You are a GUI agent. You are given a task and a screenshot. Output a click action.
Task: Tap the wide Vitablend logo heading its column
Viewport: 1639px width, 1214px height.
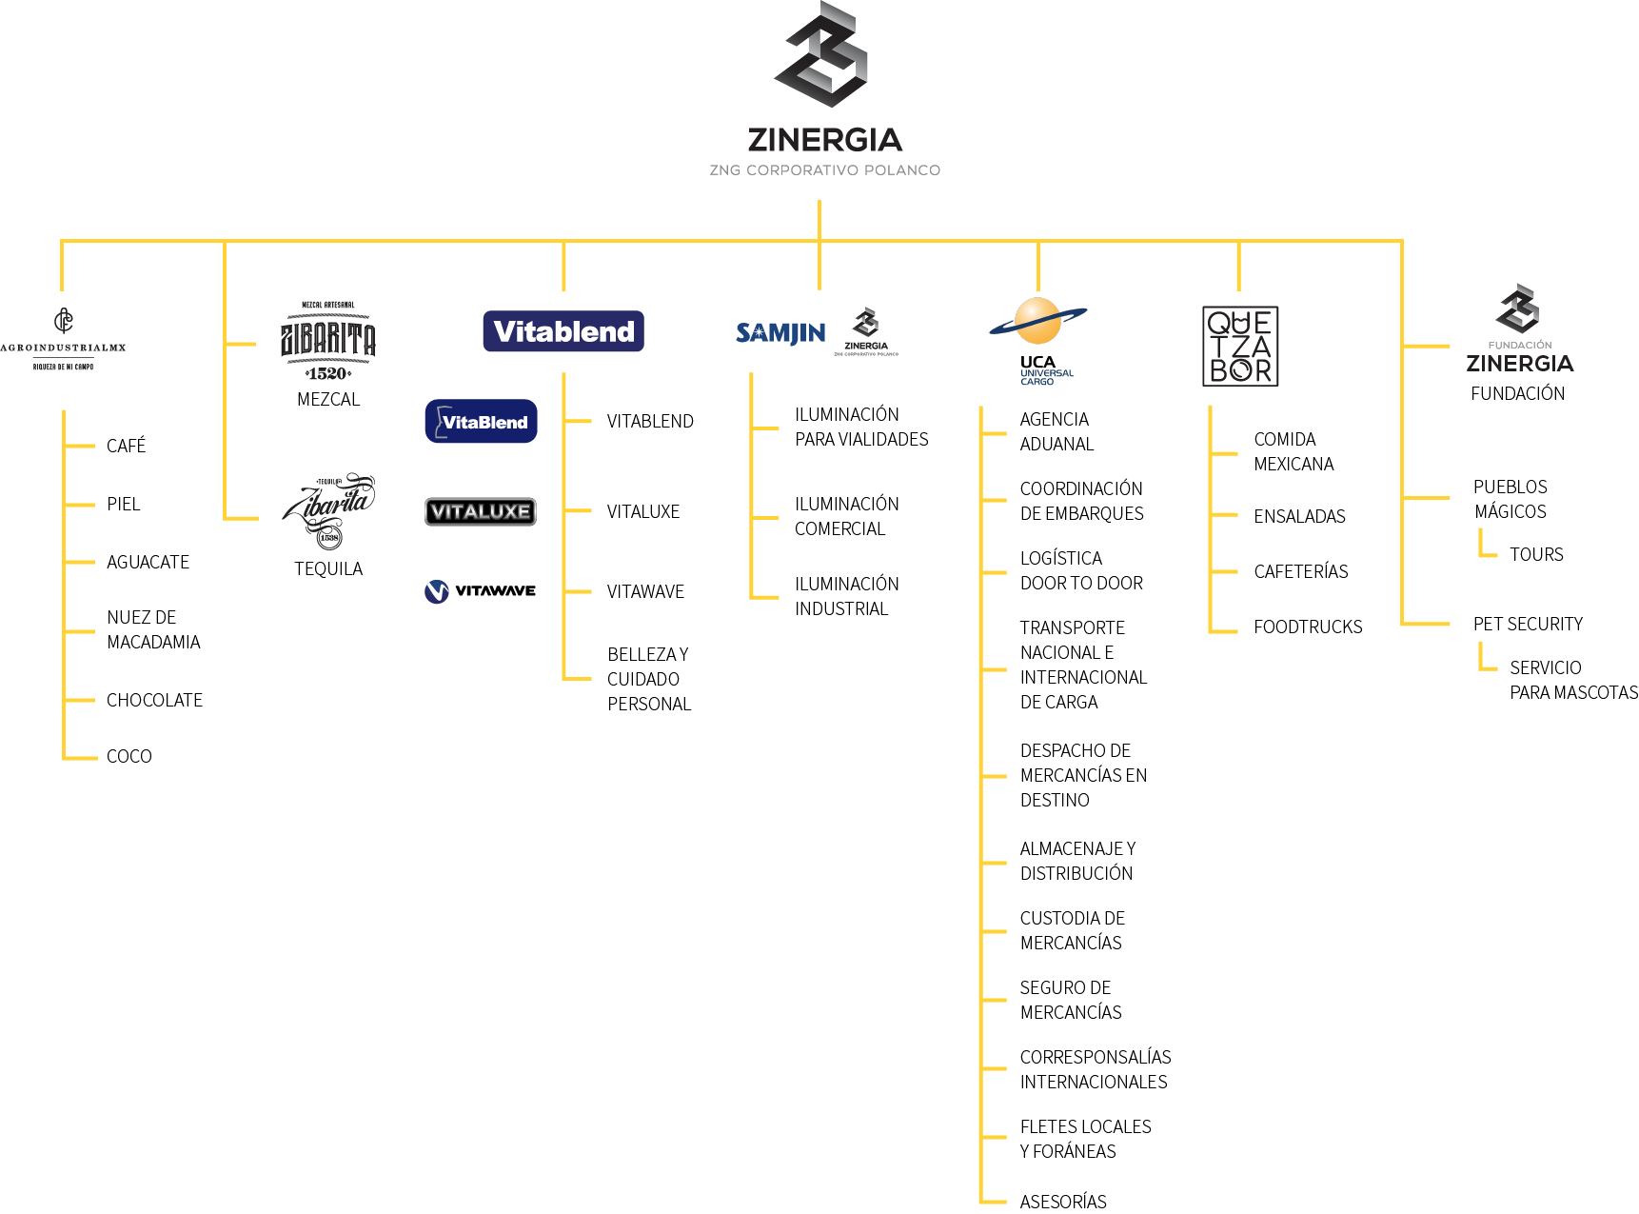[x=563, y=331]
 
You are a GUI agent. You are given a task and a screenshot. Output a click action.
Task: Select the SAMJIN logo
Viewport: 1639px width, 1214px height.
[x=780, y=332]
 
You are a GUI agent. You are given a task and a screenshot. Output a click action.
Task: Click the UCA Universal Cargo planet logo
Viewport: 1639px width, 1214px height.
[x=1037, y=324]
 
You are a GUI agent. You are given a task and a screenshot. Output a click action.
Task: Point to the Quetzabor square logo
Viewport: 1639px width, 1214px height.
[x=1240, y=346]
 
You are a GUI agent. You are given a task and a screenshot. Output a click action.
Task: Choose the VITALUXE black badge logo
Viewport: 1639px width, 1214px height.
[x=481, y=511]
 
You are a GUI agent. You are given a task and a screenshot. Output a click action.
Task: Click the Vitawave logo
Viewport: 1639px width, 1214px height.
[x=480, y=591]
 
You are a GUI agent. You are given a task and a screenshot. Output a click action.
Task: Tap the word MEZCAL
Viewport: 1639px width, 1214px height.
[x=328, y=400]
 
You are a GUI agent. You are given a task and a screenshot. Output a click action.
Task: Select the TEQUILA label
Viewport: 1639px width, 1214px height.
[x=328, y=569]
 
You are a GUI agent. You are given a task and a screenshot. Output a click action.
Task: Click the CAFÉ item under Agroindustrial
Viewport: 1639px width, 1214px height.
[x=127, y=447]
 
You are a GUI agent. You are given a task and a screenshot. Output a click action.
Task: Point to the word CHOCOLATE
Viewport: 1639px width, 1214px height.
[x=154, y=701]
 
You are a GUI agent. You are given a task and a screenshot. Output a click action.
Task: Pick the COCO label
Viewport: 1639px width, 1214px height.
[x=129, y=757]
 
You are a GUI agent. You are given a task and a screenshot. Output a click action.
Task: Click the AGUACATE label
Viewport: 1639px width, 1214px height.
[x=148, y=563]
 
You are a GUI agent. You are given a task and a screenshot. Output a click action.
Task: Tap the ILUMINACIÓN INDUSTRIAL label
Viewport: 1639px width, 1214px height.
[x=846, y=597]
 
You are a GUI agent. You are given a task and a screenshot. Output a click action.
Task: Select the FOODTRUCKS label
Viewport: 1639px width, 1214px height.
[x=1308, y=627]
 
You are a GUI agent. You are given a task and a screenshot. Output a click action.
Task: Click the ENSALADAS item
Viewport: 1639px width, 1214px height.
[x=1299, y=517]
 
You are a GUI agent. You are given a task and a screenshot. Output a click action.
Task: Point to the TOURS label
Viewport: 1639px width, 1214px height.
[x=1536, y=555]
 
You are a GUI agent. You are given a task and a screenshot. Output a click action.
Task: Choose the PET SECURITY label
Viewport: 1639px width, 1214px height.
[x=1528, y=625]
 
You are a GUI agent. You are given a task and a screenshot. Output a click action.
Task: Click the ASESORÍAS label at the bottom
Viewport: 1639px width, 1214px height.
[x=1063, y=1203]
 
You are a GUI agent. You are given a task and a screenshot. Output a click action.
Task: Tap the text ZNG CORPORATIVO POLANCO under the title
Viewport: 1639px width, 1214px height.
[x=824, y=170]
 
